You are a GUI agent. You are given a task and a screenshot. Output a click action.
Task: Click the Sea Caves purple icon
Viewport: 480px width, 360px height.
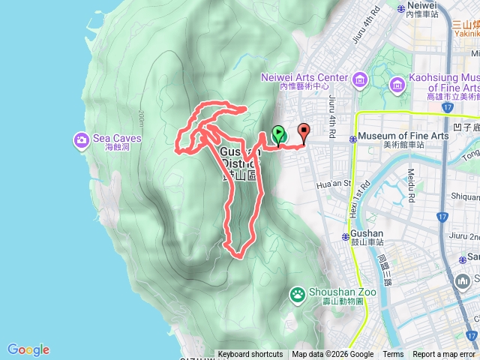[x=81, y=139]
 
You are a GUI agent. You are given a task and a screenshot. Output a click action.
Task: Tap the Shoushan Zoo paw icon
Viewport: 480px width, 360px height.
[x=298, y=293]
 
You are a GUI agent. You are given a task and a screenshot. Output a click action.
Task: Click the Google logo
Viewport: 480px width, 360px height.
[x=28, y=349]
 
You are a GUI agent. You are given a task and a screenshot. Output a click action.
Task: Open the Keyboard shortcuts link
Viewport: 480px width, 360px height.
[x=250, y=355]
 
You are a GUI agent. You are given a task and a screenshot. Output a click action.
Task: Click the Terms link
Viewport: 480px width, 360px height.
[x=393, y=355]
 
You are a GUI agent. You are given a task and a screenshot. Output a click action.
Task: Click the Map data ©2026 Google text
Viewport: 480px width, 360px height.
[x=333, y=355]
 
